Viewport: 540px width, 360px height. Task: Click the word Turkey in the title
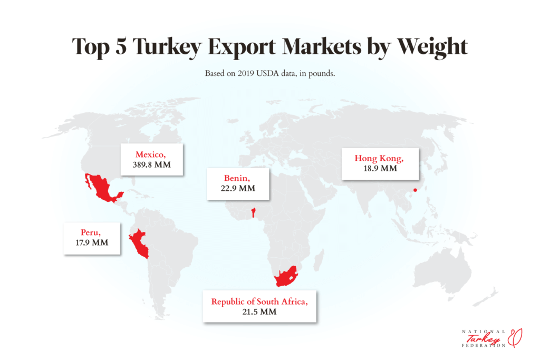167,46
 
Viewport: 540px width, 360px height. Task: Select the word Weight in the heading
426,46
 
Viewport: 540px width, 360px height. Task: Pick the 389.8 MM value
152,165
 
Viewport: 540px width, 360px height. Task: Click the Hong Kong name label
379,158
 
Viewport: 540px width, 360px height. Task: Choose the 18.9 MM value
379,169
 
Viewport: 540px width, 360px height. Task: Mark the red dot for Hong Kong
415,190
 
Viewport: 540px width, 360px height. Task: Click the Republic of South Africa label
259,301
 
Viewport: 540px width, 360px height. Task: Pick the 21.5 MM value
259,312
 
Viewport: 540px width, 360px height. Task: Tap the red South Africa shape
285,276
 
